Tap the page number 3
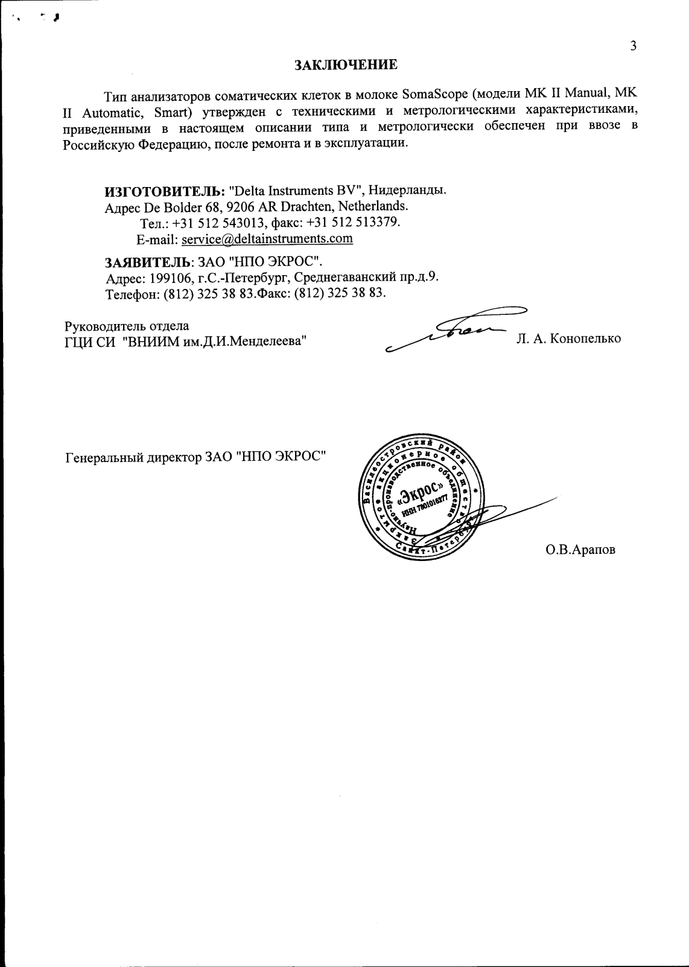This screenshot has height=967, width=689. (633, 46)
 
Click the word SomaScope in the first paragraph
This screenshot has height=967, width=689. (436, 95)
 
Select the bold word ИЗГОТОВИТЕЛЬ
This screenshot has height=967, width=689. (165, 191)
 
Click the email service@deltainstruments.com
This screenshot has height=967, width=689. (267, 238)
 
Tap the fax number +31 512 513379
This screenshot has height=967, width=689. (353, 223)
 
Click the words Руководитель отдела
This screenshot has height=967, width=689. (127, 326)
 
